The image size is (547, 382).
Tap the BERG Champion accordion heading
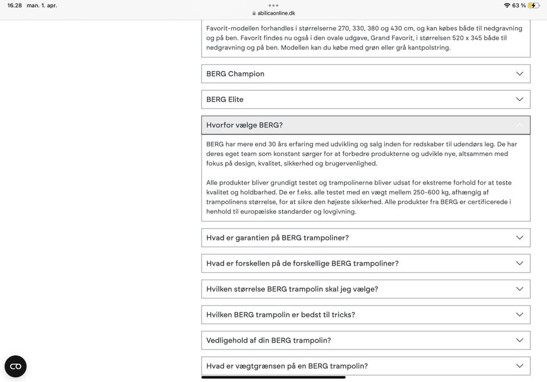tap(235, 73)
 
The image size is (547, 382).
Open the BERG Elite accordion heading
tap(225, 99)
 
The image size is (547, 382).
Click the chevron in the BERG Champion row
tap(519, 73)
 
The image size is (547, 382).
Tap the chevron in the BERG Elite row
tap(519, 99)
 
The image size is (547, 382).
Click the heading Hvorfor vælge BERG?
tap(244, 125)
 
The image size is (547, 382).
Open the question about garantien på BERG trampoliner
tap(277, 237)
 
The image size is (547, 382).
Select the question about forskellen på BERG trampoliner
tap(302, 263)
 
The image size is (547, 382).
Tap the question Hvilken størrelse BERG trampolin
tap(292, 289)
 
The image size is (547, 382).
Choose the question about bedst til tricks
tap(280, 314)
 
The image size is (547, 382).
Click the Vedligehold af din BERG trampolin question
tap(268, 340)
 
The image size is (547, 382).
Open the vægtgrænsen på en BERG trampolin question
tap(287, 366)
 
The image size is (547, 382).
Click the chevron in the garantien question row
tap(519, 237)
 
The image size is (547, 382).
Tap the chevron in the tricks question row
tap(519, 314)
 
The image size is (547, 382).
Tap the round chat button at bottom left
tap(15, 366)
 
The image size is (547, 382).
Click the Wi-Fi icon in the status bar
tap(507, 5)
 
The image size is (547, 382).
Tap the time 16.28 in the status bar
tap(14, 5)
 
